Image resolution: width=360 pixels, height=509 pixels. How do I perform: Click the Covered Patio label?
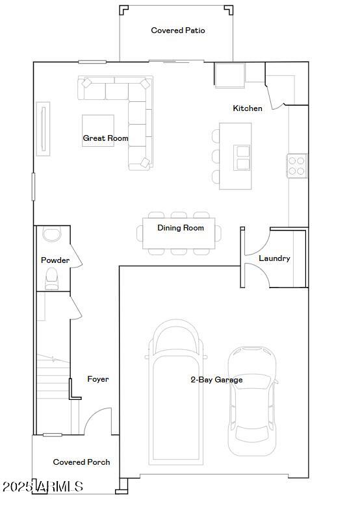(178, 31)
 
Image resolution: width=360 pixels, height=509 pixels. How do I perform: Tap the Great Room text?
(105, 138)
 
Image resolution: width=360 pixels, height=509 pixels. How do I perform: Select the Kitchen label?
(248, 108)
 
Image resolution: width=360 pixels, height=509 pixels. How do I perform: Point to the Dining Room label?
(181, 228)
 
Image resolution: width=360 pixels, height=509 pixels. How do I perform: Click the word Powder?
(55, 260)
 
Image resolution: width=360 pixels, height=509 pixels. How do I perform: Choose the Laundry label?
(274, 258)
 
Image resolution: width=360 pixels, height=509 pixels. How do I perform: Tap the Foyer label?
(98, 379)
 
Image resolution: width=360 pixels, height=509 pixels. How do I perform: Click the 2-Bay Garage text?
(216, 380)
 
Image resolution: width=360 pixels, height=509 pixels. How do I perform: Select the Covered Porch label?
(81, 462)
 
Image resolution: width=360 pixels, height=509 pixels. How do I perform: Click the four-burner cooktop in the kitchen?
(297, 166)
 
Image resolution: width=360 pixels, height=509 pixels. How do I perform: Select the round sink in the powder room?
(51, 234)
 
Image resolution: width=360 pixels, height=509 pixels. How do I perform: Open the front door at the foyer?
(97, 422)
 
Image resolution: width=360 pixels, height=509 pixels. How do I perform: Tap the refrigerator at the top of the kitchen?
(229, 75)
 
